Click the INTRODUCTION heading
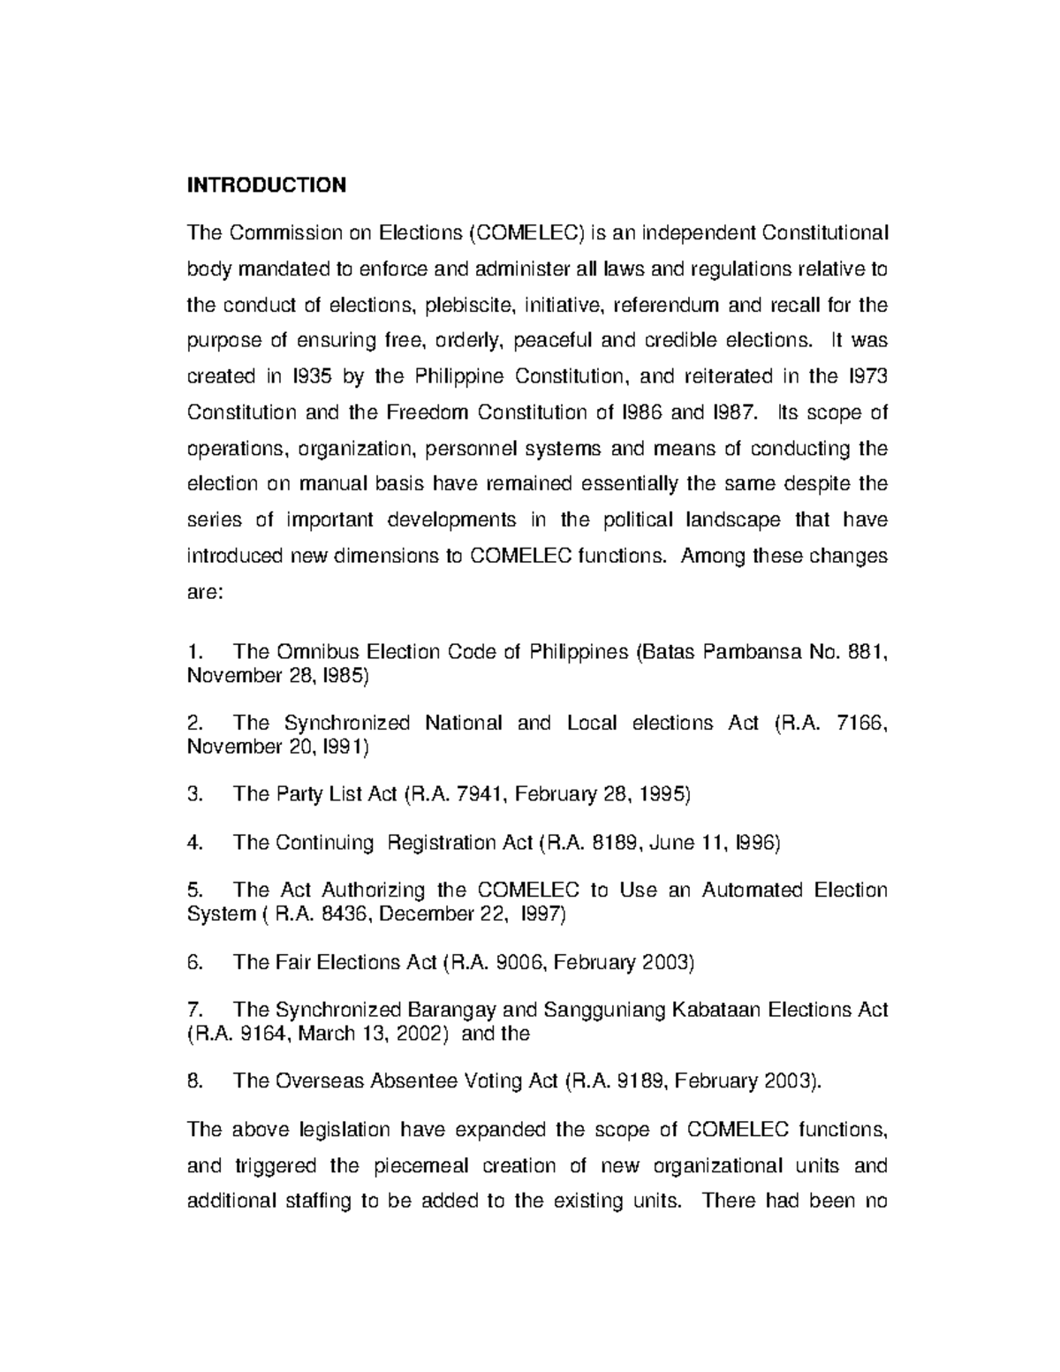266,185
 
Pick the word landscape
732,519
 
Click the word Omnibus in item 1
318,652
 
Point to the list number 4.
195,843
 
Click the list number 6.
195,962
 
